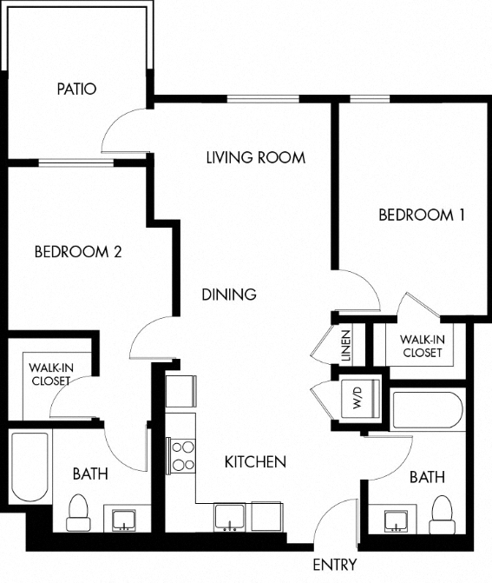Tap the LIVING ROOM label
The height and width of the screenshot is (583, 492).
tap(255, 157)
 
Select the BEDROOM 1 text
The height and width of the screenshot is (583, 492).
tap(422, 215)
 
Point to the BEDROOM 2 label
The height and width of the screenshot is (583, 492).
tap(77, 253)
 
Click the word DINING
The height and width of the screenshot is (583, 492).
tap(229, 295)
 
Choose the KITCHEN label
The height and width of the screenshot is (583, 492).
tap(255, 461)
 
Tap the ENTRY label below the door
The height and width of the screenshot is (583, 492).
tap(334, 565)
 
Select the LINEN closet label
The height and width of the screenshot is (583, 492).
tap(345, 346)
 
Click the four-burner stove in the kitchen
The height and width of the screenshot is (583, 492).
tap(182, 456)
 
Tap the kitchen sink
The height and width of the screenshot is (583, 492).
tap(230, 519)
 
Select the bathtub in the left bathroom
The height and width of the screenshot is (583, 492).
tap(30, 467)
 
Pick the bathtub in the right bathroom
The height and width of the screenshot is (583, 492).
tap(428, 411)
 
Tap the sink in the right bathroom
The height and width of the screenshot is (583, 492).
tap(397, 520)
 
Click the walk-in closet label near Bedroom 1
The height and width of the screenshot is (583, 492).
tap(422, 346)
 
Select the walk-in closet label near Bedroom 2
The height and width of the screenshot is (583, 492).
tap(50, 374)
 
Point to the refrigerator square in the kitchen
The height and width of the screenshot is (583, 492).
tap(180, 391)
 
